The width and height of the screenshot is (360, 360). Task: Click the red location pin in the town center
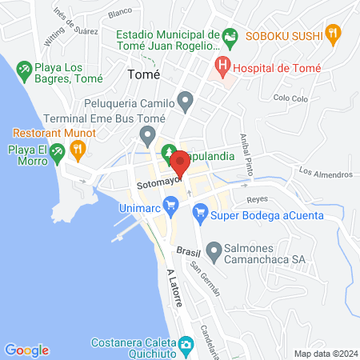pyautogui.click(x=180, y=163)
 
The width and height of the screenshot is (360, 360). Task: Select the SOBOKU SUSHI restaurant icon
pyautogui.click(x=334, y=34)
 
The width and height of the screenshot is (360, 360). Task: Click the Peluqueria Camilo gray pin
pyautogui.click(x=186, y=102)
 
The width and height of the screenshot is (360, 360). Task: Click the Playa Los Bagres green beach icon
pyautogui.click(x=24, y=70)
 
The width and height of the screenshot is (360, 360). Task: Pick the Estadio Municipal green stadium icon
pyautogui.click(x=230, y=36)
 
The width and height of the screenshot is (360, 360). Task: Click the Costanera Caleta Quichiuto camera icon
pyautogui.click(x=186, y=344)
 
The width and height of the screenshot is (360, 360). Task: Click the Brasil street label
pyautogui.click(x=187, y=252)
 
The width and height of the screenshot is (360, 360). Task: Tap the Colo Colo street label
pyautogui.click(x=290, y=98)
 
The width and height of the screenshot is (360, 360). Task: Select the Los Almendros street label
pyautogui.click(x=326, y=173)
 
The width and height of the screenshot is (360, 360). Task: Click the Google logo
pyautogui.click(x=26, y=350)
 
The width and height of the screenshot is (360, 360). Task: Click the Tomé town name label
pyautogui.click(x=144, y=74)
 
